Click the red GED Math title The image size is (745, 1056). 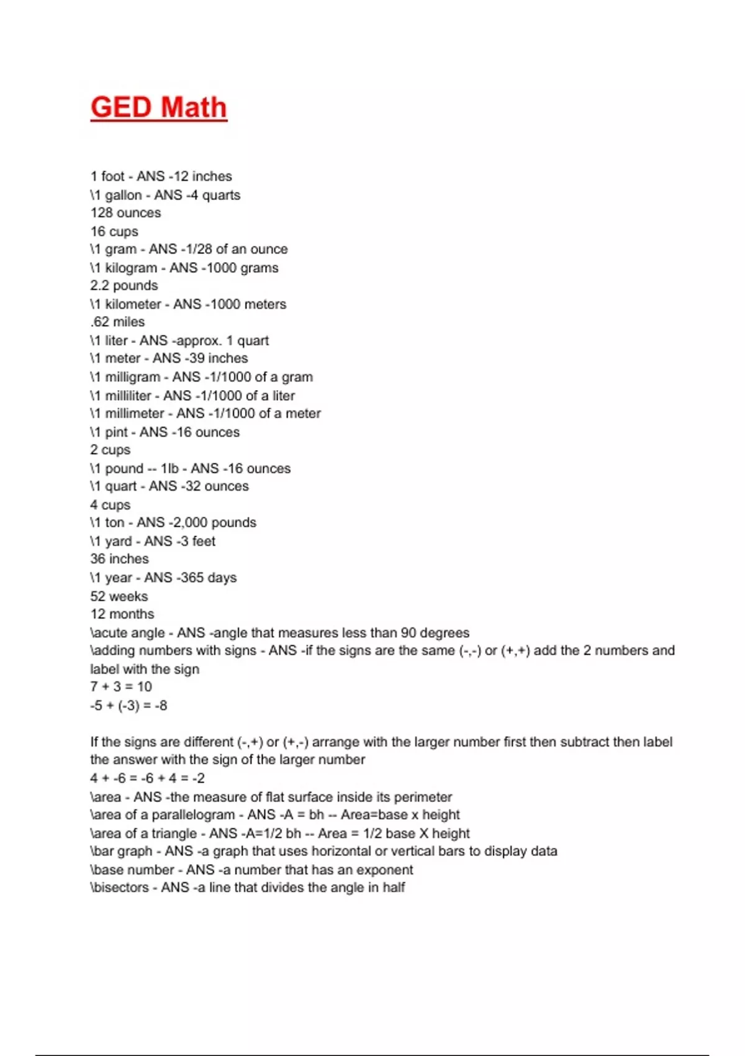click(159, 107)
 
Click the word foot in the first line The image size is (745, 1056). click(113, 176)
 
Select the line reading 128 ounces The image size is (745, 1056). click(125, 213)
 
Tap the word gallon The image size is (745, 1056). click(123, 195)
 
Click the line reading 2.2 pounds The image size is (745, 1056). click(124, 286)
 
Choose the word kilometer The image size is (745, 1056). click(133, 304)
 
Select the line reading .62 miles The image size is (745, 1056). click(117, 322)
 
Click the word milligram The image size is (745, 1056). click(132, 377)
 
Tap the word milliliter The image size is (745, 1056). click(128, 396)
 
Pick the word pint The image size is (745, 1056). click(116, 432)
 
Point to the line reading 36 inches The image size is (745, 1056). click(119, 559)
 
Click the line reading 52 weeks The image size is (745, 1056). click(119, 596)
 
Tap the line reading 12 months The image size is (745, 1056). click(122, 614)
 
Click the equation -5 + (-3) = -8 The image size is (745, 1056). click(129, 706)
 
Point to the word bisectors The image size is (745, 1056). click(121, 888)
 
